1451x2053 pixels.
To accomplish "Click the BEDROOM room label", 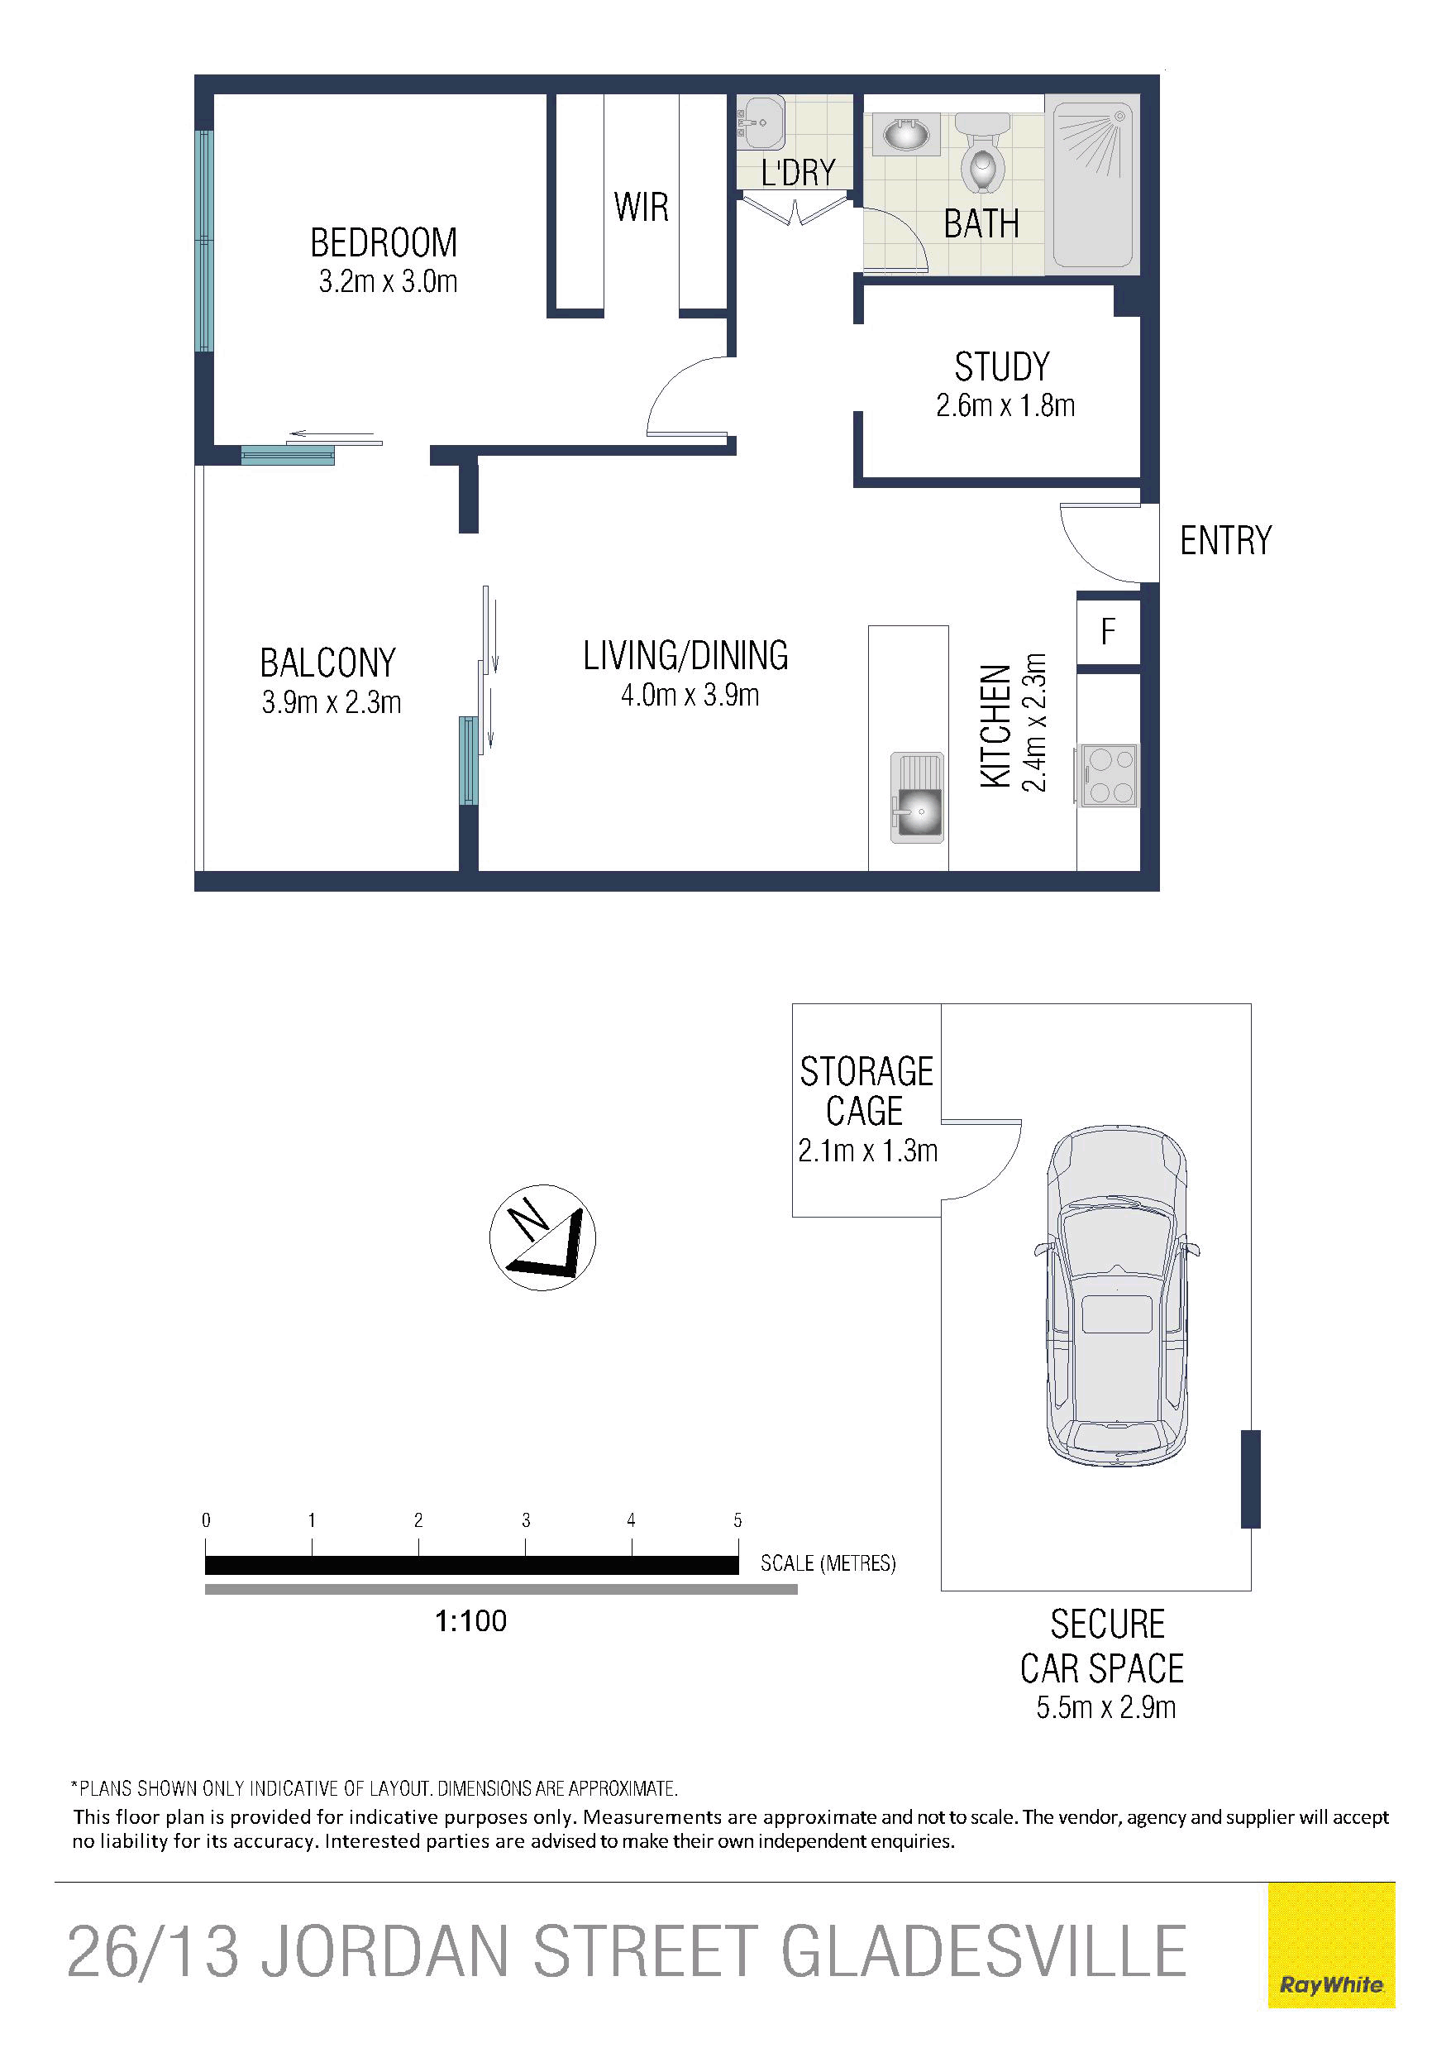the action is pos(384,242).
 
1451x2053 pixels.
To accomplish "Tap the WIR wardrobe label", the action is pos(641,208).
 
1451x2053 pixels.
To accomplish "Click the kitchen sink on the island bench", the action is pos(917,797).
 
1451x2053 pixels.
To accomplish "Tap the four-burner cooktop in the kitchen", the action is pos(1110,775).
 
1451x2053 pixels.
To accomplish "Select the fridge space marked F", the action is pos(1109,632).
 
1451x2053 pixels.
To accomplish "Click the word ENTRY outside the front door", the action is pos(1226,541).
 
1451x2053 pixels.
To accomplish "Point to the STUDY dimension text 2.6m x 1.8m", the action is pos(1005,406).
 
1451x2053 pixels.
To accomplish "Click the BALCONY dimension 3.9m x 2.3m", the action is pos(332,703).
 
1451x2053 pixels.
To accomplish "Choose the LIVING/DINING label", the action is pos(685,655).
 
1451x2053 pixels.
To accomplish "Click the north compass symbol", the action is pos(542,1237).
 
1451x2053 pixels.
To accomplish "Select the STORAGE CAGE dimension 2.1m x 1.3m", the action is pos(868,1151).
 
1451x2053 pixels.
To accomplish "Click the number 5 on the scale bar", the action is pos(737,1520).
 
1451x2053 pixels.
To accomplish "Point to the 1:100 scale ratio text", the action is pos(471,1621).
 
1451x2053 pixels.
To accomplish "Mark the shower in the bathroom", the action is pos(1092,185).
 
